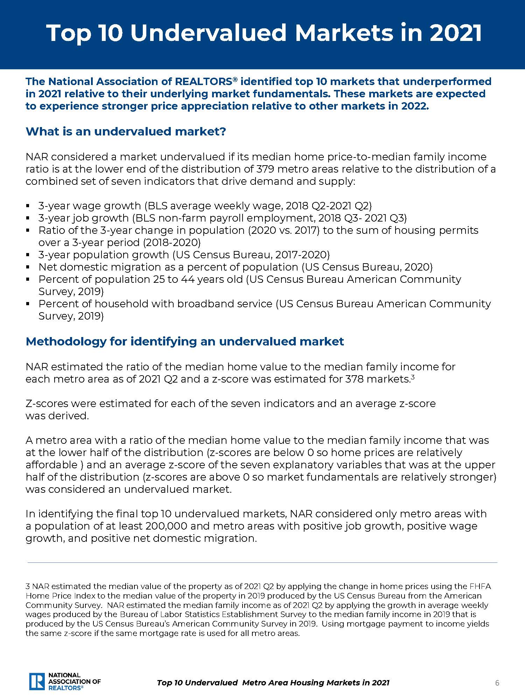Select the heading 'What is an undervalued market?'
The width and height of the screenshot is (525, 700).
(x=126, y=132)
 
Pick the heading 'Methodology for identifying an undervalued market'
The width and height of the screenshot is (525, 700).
(x=185, y=342)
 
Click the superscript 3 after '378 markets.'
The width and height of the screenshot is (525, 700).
(x=413, y=377)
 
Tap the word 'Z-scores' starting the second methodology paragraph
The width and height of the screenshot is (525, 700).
(x=47, y=404)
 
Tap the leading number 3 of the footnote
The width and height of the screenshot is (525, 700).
(x=27, y=586)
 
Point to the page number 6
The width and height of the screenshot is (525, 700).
(x=497, y=682)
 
